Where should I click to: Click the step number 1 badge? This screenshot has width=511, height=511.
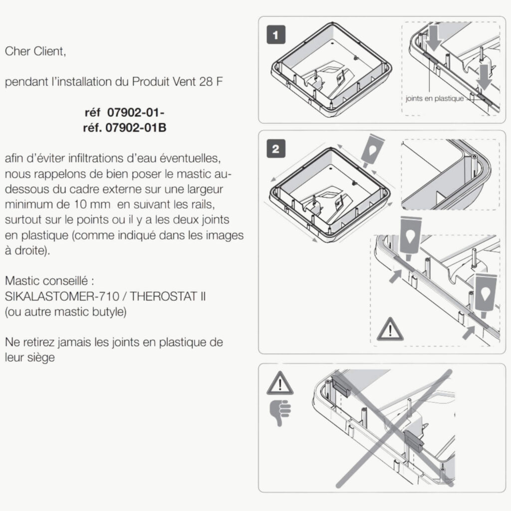[276, 34]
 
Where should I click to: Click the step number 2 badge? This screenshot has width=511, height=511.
[276, 149]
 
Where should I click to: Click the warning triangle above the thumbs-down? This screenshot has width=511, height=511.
[280, 383]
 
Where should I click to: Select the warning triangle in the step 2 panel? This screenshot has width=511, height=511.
[390, 329]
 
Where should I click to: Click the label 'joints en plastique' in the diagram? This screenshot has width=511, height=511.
[435, 98]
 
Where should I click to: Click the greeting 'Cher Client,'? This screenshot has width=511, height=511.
[35, 51]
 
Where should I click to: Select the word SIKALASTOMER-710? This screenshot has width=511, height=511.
[62, 296]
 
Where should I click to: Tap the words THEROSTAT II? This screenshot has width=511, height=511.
[168, 296]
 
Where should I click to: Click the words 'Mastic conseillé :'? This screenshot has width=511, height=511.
[49, 280]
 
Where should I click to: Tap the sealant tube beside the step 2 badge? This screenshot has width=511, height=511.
[372, 151]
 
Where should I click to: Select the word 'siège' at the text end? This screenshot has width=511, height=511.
[41, 358]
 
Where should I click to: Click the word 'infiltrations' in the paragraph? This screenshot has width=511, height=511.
[94, 158]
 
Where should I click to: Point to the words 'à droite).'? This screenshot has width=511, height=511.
[27, 251]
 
